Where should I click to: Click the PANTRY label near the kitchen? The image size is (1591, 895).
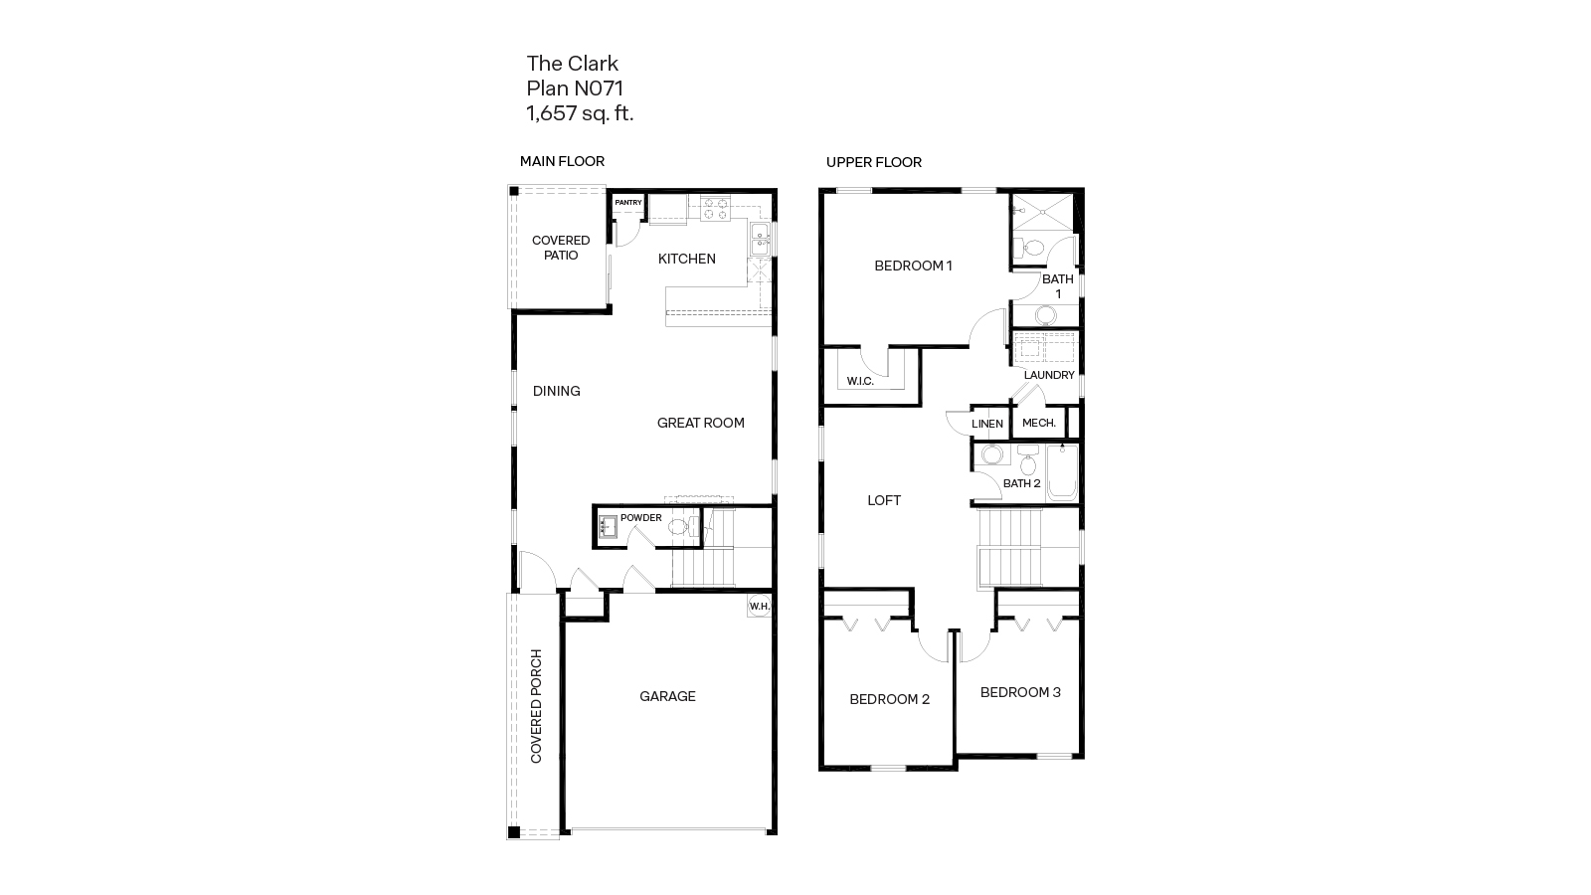628,203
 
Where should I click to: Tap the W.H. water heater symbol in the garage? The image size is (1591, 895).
760,607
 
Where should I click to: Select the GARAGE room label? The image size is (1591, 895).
667,696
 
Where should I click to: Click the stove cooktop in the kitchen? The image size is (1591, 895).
716,209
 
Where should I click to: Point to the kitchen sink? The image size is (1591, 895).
760,237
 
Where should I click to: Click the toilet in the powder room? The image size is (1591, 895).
680,527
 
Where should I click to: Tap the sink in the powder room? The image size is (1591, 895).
608,527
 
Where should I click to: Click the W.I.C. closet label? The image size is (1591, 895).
860,381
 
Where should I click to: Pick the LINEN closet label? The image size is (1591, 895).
987,424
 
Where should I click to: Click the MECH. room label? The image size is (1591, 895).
1039,423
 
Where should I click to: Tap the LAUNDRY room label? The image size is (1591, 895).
1049,375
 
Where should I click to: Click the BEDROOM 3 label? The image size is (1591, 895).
1020,692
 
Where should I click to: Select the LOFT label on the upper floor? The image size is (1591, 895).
884,500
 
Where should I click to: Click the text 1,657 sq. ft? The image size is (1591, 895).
580,113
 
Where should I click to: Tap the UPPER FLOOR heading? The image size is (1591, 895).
873,162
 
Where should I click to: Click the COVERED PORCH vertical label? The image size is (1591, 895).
537,706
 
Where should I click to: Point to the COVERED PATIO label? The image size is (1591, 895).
561,248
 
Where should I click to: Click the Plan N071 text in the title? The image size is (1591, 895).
575,89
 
